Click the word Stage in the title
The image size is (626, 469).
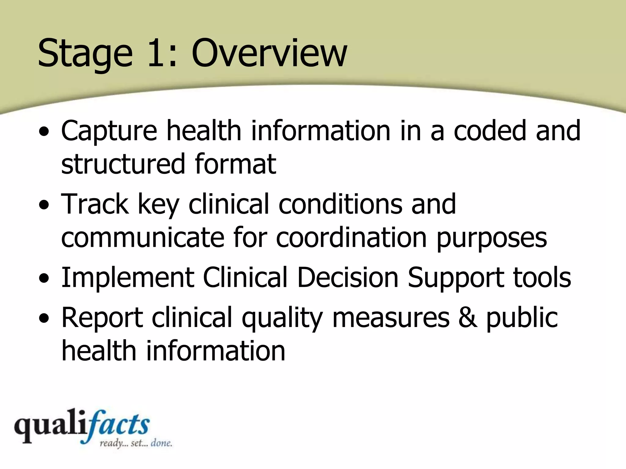(85, 53)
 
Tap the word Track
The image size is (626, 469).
(95, 204)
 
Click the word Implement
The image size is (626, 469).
(128, 278)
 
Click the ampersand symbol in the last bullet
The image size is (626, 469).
(468, 318)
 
